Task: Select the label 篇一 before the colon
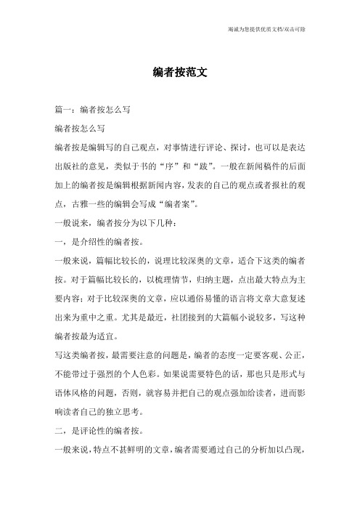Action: pyautogui.click(x=53, y=109)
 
